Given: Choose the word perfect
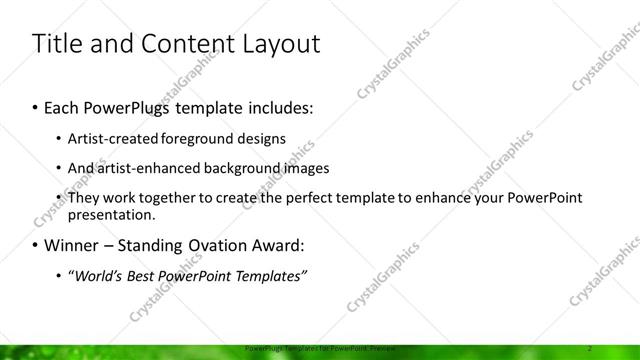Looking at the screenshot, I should (x=290, y=198).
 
